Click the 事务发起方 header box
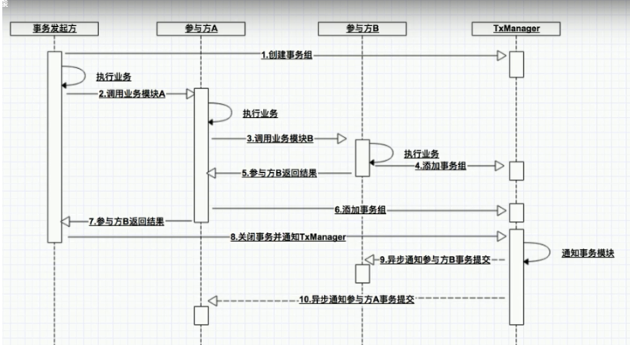coord(54,29)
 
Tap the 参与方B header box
coord(361,29)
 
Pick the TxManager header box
coord(516,29)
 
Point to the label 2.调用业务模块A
coord(132,94)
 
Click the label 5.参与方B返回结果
coord(280,173)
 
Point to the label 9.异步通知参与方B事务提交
coord(433,259)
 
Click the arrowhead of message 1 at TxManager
coord(502,55)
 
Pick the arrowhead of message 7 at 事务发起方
coord(67,221)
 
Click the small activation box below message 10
coord(200,315)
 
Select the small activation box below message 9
coord(361,274)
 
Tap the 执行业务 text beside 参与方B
coord(422,153)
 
